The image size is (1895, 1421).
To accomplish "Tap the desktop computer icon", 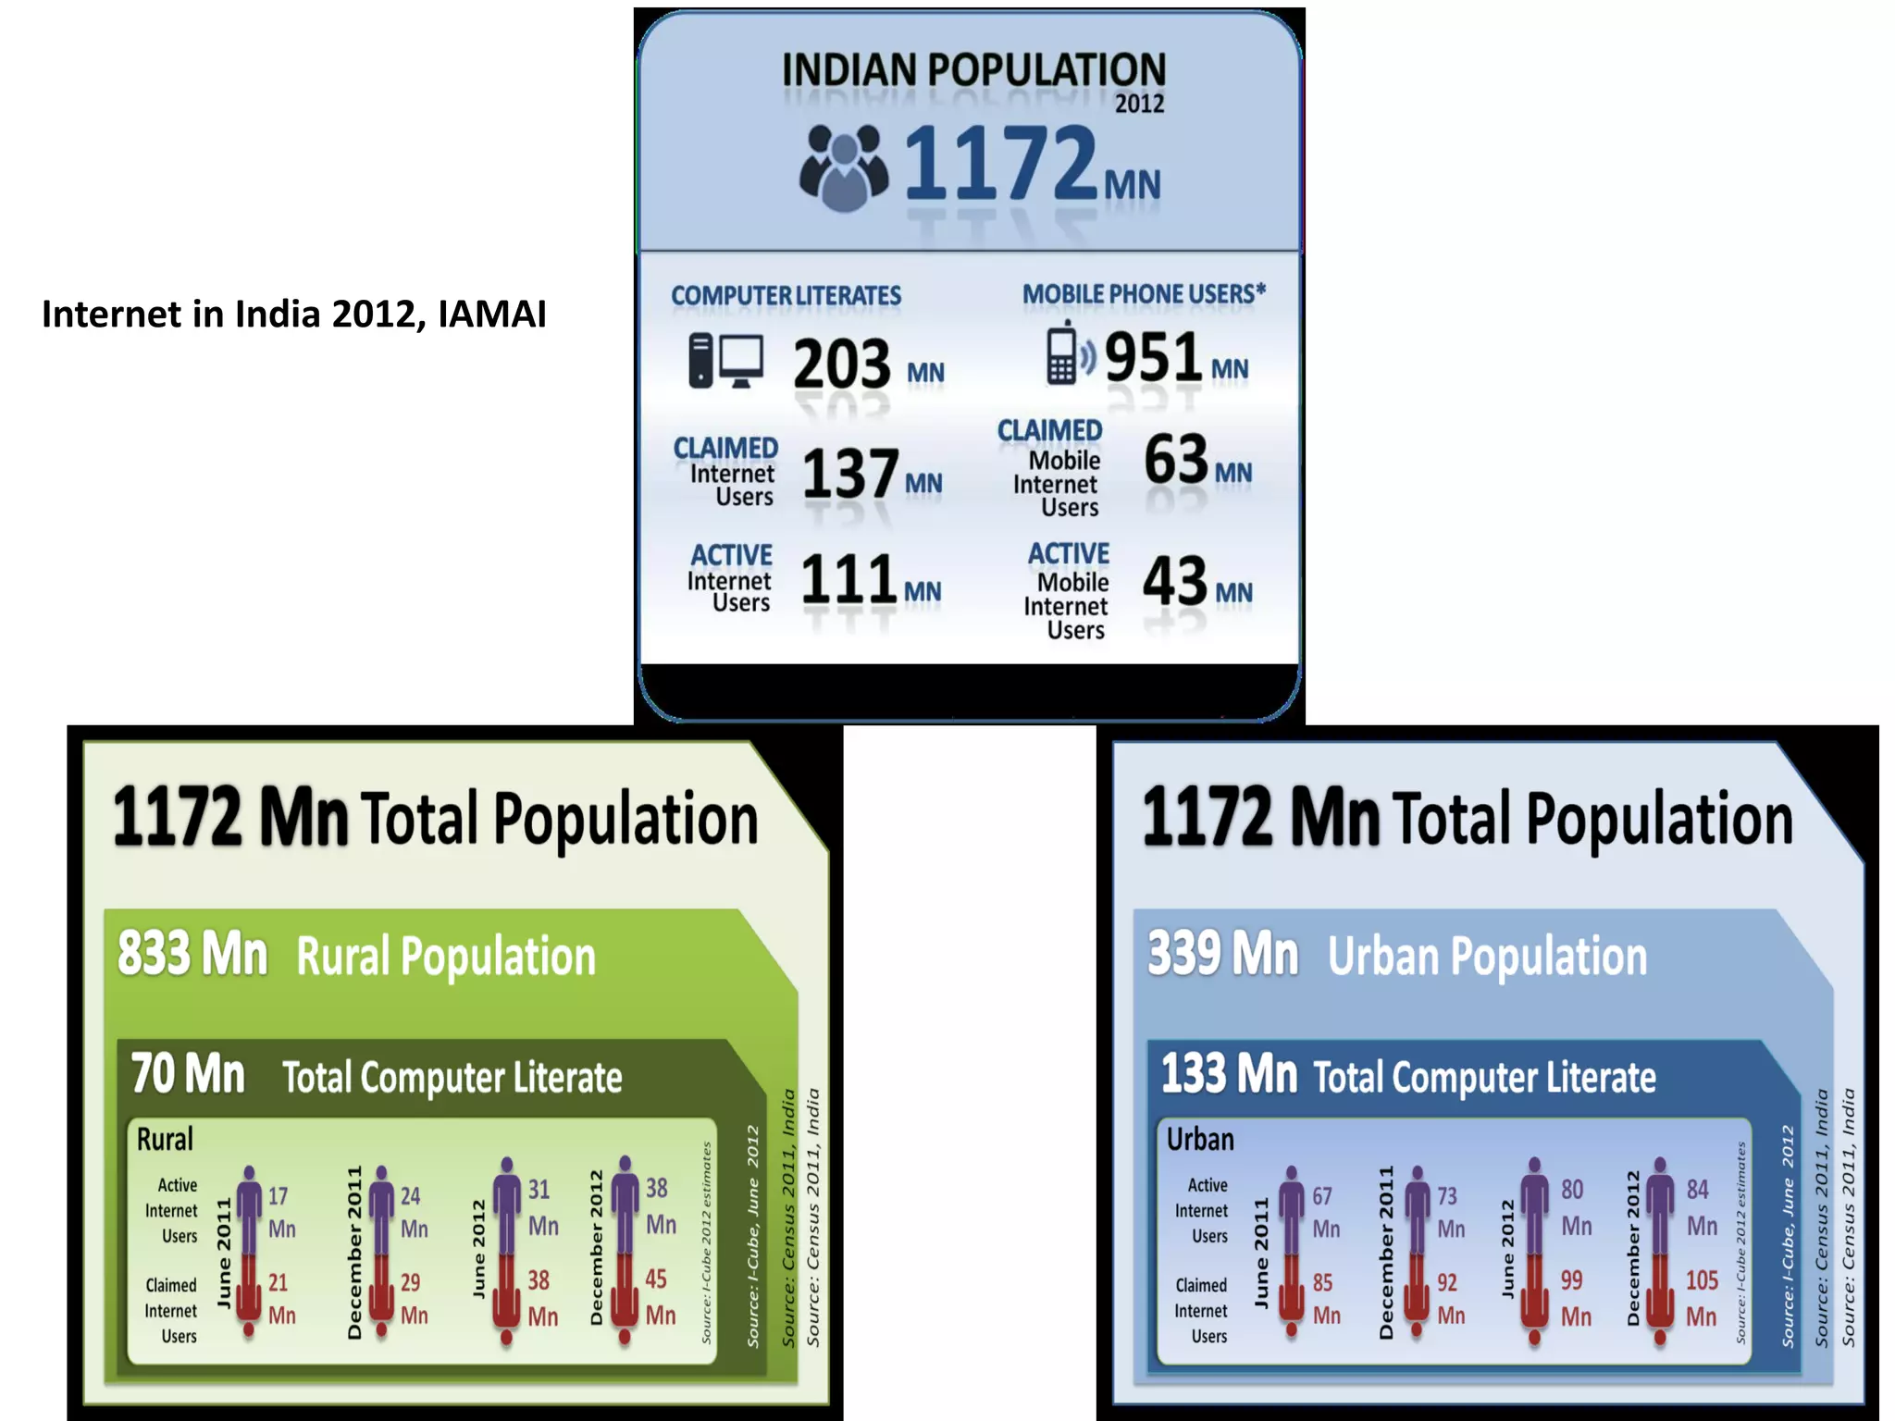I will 726,360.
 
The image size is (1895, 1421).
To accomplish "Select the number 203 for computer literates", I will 842,364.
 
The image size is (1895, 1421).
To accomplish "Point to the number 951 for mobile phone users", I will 1153,357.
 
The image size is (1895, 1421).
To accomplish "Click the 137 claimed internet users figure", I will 849,474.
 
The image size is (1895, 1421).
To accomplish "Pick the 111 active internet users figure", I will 848,580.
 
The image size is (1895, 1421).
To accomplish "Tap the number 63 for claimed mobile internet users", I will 1176,459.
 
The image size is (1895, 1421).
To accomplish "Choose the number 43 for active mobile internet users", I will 1175,581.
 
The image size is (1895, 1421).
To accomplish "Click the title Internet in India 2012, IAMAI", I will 294,315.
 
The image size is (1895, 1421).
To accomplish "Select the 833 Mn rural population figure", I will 192,954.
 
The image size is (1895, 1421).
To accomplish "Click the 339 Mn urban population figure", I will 1222,954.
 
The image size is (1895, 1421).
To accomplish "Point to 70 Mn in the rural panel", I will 188,1074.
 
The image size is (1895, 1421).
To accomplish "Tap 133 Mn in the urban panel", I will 1229,1074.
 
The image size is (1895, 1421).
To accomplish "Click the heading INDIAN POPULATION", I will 973,70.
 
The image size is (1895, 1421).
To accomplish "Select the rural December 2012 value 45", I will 656,1279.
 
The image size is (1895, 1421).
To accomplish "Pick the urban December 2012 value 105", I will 1702,1280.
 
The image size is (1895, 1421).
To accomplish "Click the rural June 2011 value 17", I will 278,1197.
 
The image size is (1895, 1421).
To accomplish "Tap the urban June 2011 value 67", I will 1322,1197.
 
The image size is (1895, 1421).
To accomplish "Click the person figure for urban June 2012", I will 1534,1249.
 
